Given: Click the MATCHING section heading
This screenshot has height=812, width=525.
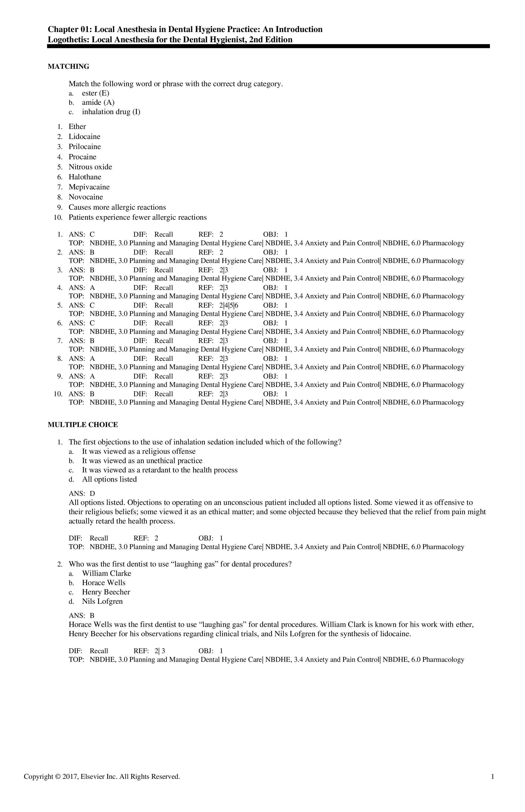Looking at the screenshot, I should coord(68,67).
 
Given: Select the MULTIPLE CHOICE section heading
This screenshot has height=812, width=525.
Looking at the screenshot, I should coord(83,425).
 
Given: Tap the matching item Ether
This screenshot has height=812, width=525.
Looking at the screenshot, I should coord(77,127).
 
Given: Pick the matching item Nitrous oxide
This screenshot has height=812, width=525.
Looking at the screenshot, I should coord(90,167).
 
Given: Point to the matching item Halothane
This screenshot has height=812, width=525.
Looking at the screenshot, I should coord(85,177).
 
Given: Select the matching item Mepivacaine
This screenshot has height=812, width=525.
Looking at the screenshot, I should coord(89,187).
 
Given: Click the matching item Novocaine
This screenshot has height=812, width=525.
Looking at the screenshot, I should coord(86,197).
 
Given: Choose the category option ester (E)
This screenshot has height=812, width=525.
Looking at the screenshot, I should coord(95,93).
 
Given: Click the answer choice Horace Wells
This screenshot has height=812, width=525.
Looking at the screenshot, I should coord(104,583).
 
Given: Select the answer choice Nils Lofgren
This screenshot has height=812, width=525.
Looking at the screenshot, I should coord(102,601).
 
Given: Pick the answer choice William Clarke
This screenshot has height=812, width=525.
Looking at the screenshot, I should coord(106,573).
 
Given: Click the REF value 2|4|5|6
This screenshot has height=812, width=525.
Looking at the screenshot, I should coord(229,305).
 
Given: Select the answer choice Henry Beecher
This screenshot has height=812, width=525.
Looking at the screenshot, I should coord(106,592).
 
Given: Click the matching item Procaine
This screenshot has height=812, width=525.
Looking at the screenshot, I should coord(83,157).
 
